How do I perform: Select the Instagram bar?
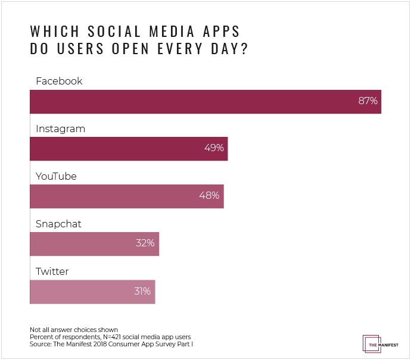(128, 149)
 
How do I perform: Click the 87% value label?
(368, 101)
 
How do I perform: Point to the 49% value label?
(214, 149)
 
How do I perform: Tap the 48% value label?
(210, 196)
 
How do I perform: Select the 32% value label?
(145, 243)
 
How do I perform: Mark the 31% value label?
(141, 292)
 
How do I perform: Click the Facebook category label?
(59, 81)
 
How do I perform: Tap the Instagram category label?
(60, 129)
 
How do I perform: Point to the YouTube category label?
(56, 177)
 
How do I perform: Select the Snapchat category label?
(58, 224)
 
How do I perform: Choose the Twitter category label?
(52, 272)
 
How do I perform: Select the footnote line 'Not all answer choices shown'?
(73, 330)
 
